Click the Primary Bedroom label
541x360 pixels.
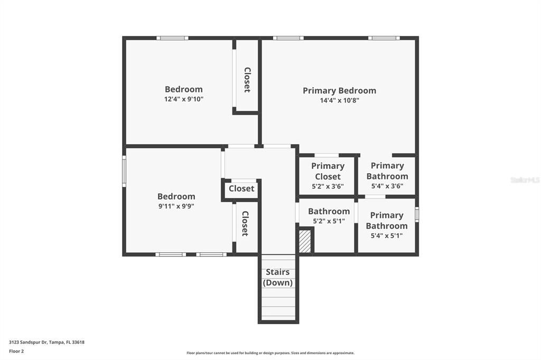point(339,90)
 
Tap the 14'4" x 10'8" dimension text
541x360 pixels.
point(339,100)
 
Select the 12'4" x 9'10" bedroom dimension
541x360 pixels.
point(183,99)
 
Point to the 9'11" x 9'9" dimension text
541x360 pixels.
point(176,206)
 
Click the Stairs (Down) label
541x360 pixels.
point(277,277)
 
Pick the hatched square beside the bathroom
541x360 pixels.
point(305,241)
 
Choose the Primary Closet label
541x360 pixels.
point(328,171)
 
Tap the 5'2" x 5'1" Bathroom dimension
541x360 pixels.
point(329,221)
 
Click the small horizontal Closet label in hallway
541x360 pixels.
point(241,188)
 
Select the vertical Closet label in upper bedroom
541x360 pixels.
point(247,80)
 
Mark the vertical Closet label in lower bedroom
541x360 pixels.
point(245,223)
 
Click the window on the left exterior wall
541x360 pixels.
point(124,170)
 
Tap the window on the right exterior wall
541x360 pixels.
point(417,214)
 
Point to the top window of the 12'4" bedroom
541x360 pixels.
point(172,38)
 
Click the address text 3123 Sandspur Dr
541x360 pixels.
point(46,342)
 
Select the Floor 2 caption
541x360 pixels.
point(16,351)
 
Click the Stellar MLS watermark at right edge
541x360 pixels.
point(525,180)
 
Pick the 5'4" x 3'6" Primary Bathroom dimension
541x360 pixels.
point(387,186)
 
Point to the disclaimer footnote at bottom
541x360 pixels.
point(270,353)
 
